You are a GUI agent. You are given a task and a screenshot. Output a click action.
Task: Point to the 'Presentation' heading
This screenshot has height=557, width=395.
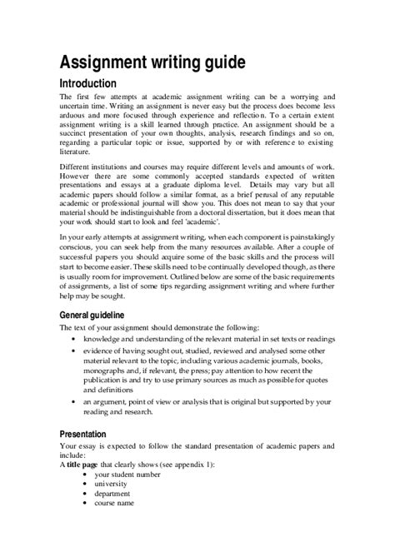click(x=88, y=434)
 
